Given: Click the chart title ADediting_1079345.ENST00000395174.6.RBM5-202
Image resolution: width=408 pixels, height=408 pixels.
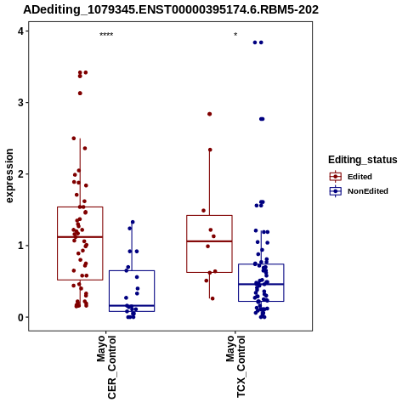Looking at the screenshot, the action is tap(171, 9).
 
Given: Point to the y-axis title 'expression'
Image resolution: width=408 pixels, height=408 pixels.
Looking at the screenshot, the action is tap(9, 176).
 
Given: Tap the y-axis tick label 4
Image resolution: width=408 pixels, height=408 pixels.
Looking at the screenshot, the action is tap(20, 31).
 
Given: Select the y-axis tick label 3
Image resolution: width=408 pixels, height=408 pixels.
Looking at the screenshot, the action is tap(20, 103).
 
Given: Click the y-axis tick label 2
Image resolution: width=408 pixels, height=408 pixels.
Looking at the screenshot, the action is tap(20, 174).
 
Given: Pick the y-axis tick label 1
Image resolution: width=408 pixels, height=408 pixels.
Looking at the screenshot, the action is tap(20, 246).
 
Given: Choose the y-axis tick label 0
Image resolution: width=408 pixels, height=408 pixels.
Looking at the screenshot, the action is tap(20, 317).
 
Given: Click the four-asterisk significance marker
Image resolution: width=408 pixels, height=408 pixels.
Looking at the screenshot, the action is tap(106, 35).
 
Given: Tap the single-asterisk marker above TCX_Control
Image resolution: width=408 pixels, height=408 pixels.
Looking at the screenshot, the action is tap(235, 35).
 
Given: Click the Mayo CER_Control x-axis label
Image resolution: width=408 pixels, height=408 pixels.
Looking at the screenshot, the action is tap(106, 367).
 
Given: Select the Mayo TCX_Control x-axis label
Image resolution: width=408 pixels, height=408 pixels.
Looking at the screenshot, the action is tap(235, 366).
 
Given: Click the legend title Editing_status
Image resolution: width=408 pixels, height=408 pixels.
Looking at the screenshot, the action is tap(363, 160).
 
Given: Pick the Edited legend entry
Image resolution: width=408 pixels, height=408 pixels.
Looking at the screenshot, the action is tap(351, 177).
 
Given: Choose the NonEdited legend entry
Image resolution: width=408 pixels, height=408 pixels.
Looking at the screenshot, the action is tap(359, 191).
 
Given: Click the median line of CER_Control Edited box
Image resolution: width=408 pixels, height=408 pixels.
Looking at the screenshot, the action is tap(80, 236).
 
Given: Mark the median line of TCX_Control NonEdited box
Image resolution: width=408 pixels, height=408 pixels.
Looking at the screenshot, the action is tap(261, 284).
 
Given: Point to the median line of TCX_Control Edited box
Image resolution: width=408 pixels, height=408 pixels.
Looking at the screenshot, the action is tap(209, 241).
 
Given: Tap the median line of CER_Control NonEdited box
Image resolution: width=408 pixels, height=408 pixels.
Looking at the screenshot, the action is tap(132, 305).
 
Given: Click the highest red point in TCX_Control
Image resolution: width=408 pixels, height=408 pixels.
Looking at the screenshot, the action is tap(210, 114).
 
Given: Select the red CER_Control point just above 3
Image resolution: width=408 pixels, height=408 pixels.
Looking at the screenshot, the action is tap(80, 93).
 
